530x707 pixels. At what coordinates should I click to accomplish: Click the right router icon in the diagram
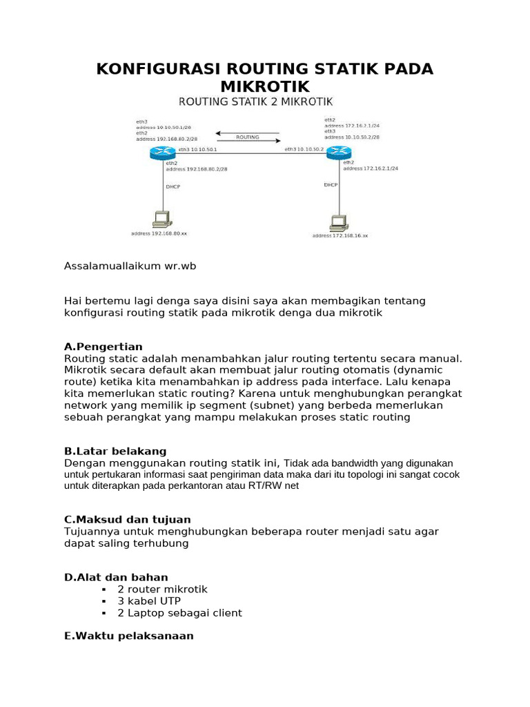(338, 153)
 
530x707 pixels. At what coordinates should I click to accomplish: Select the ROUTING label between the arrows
(247, 137)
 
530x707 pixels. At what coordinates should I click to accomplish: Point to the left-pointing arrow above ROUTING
(247, 132)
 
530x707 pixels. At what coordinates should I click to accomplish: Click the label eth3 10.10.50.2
(304, 149)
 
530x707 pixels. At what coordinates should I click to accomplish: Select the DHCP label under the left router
(173, 186)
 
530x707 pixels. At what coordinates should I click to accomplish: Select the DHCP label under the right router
(331, 184)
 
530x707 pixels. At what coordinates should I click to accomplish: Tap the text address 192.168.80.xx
(159, 233)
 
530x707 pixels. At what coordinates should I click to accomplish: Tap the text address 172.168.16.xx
(340, 235)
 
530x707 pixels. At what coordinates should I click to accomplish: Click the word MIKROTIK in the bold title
(265, 86)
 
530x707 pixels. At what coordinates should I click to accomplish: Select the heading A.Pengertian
(103, 346)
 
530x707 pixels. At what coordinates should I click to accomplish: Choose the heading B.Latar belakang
(115, 451)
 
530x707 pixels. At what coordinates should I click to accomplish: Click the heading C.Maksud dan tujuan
(127, 519)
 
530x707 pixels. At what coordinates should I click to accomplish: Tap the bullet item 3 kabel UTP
(149, 601)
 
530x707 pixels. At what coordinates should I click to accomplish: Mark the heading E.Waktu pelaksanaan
(128, 635)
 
